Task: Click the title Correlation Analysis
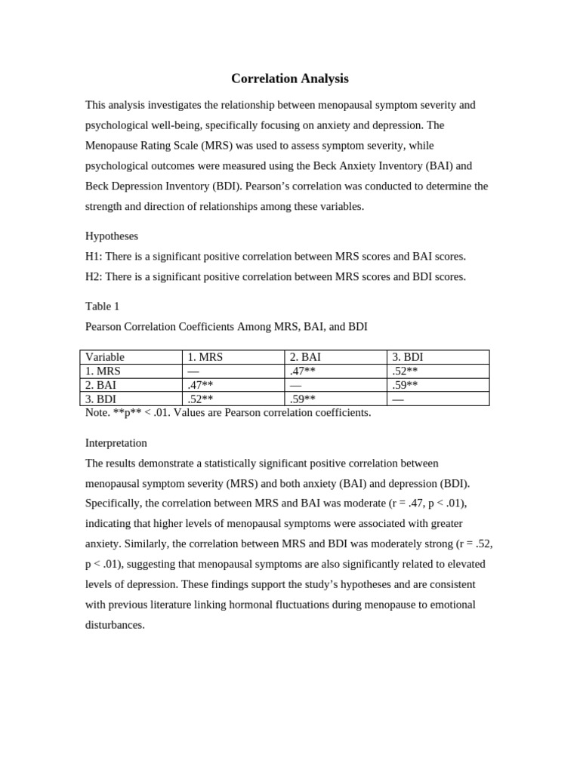click(x=289, y=79)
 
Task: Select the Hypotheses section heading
click(x=112, y=236)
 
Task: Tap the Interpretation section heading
click(x=116, y=443)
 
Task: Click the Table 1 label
click(x=102, y=306)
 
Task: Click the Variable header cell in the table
click(x=105, y=357)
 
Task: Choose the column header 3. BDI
click(x=408, y=357)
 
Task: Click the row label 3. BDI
click(x=101, y=399)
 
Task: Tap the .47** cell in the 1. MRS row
click(x=303, y=371)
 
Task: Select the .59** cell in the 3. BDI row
click(x=303, y=399)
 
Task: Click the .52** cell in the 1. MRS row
click(x=405, y=371)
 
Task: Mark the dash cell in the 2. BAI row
click(x=296, y=385)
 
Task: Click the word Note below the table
click(x=97, y=413)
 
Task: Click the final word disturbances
click(x=115, y=625)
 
